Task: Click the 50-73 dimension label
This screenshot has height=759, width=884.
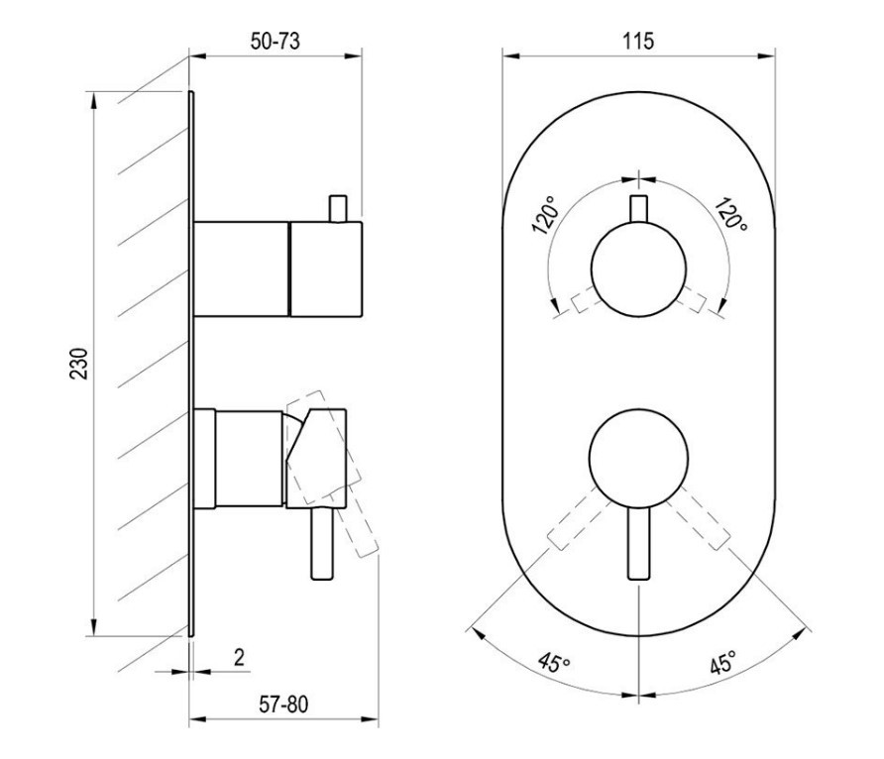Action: click(x=276, y=42)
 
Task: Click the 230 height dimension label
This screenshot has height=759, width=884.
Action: click(x=79, y=364)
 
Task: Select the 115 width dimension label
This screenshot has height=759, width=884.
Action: click(x=638, y=42)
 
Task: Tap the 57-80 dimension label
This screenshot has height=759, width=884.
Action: click(x=283, y=705)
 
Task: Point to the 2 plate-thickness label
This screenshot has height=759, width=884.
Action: click(x=240, y=657)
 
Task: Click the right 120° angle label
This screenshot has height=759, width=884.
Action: click(x=731, y=214)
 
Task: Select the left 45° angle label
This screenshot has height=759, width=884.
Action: click(x=554, y=663)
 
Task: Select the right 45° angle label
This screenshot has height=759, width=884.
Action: click(x=722, y=662)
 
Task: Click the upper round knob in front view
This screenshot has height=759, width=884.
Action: click(x=639, y=270)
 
